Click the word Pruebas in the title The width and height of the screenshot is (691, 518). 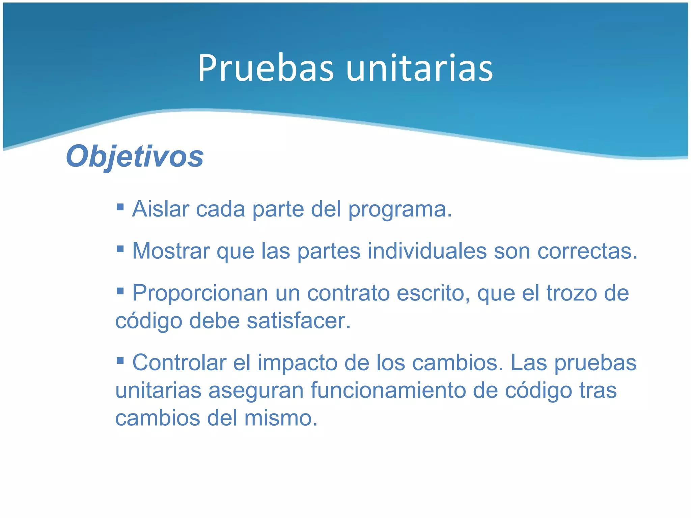tap(266, 68)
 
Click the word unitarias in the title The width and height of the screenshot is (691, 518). tap(419, 68)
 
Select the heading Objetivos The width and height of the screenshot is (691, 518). tap(135, 156)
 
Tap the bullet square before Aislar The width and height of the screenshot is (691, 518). tap(120, 206)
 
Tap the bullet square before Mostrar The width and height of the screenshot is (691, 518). tap(120, 249)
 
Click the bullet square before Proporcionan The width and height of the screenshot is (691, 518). tap(120, 290)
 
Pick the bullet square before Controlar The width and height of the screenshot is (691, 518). tap(120, 361)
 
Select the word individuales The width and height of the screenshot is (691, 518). tap(427, 251)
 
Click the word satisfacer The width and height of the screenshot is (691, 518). tap(299, 321)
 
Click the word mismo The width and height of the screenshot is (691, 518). tap(281, 418)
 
